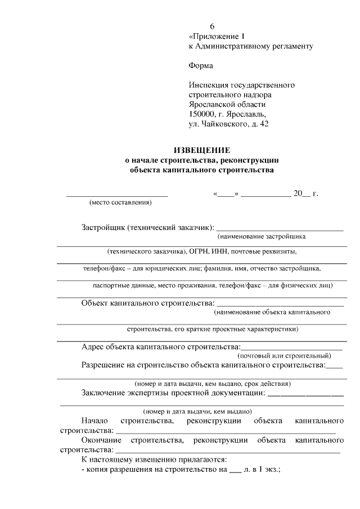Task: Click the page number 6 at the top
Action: pyautogui.click(x=213, y=26)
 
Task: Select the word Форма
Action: pyautogui.click(x=201, y=66)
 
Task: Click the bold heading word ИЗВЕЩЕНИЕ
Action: pyautogui.click(x=201, y=150)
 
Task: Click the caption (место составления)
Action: pyautogui.click(x=121, y=202)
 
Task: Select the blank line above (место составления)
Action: pyautogui.click(x=117, y=195)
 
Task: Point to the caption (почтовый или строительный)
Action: pyautogui.click(x=285, y=355)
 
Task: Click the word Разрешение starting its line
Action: pyautogui.click(x=104, y=365)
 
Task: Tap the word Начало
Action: pyautogui.click(x=94, y=421)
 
